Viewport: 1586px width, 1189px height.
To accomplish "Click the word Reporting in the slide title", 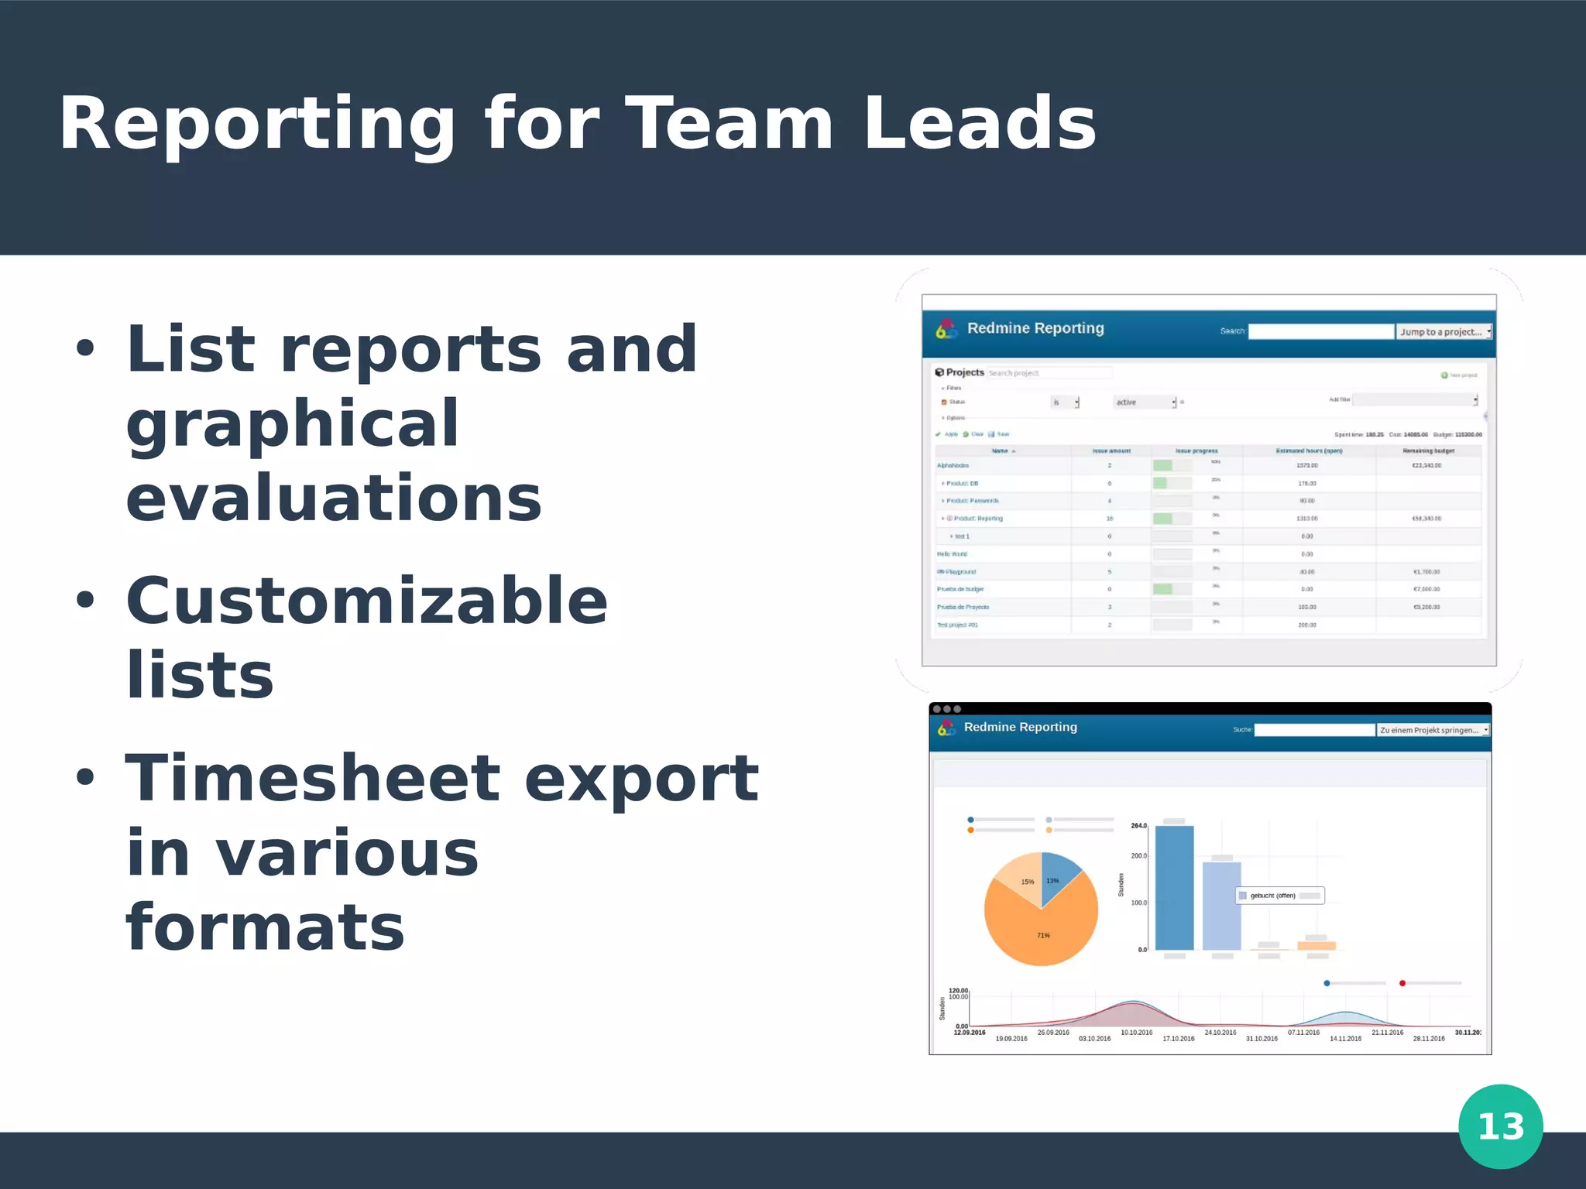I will click(x=257, y=124).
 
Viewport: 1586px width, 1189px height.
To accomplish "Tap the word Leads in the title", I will click(x=979, y=124).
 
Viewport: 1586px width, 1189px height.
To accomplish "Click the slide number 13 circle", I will click(x=1500, y=1126).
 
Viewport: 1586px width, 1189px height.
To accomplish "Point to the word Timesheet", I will click(x=313, y=778).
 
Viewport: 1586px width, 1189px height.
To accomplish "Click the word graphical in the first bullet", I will click(x=293, y=423).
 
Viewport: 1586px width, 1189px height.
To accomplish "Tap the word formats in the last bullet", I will click(x=265, y=927).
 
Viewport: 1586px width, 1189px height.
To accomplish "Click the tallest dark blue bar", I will click(x=1174, y=887).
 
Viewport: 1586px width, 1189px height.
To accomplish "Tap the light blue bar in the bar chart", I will click(x=1221, y=906).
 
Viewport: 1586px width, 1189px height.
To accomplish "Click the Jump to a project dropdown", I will click(x=1444, y=332).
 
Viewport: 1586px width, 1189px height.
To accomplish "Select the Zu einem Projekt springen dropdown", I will click(x=1433, y=730).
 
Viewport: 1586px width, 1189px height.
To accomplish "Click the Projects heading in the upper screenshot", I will click(x=964, y=372).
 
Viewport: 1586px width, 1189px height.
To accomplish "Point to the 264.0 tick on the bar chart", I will click(x=1138, y=826).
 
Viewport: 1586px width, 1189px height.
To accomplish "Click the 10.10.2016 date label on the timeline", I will click(x=1136, y=1033).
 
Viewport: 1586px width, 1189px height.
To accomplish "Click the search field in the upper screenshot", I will click(x=1320, y=331).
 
